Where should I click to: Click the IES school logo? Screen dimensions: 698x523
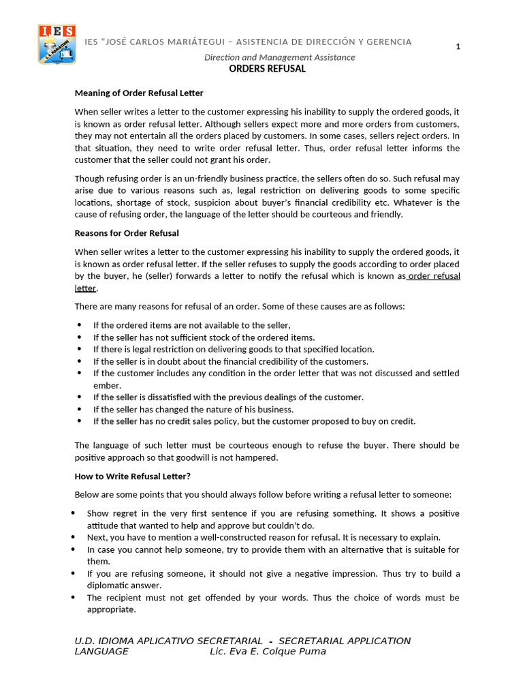[x=57, y=44]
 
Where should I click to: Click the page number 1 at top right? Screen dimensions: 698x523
[x=458, y=46]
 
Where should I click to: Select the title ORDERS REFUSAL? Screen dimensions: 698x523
[x=267, y=69]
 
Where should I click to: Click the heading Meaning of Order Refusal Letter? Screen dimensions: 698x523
[x=139, y=93]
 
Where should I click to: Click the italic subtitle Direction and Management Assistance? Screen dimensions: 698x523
[x=279, y=57]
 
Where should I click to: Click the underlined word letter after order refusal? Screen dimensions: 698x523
[x=85, y=288]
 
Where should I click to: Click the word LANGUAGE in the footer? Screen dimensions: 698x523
[x=101, y=652]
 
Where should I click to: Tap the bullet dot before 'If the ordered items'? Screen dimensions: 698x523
[x=79, y=326]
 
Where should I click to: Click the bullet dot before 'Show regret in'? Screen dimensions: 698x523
[x=73, y=513]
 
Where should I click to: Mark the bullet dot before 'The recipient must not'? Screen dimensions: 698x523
[x=73, y=598]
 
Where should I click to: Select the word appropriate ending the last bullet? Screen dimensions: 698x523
[x=111, y=610]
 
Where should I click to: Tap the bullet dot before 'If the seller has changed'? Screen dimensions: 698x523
[x=79, y=410]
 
